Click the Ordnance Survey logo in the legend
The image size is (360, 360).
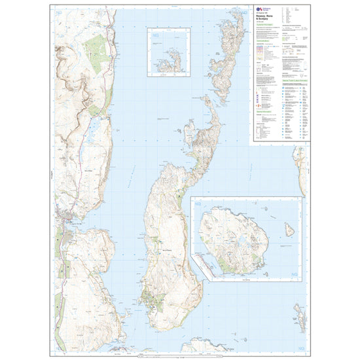click(x=256, y=10)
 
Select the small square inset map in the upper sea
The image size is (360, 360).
click(x=166, y=51)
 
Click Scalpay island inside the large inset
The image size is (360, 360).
click(x=232, y=239)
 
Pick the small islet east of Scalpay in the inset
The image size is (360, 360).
click(x=289, y=230)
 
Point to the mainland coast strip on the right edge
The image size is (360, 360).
click(x=300, y=164)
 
